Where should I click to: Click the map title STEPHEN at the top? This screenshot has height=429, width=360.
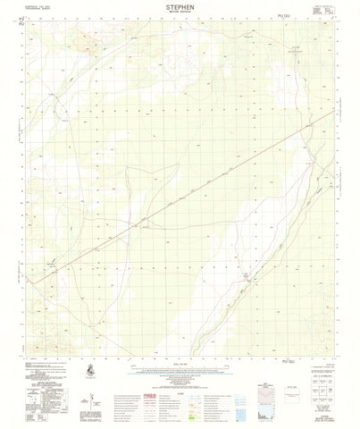click(180, 6)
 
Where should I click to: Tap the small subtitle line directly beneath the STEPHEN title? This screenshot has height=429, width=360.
click(180, 13)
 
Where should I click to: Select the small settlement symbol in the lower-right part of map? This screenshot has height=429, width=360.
click(247, 278)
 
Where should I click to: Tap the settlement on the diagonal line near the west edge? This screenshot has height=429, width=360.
click(54, 264)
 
